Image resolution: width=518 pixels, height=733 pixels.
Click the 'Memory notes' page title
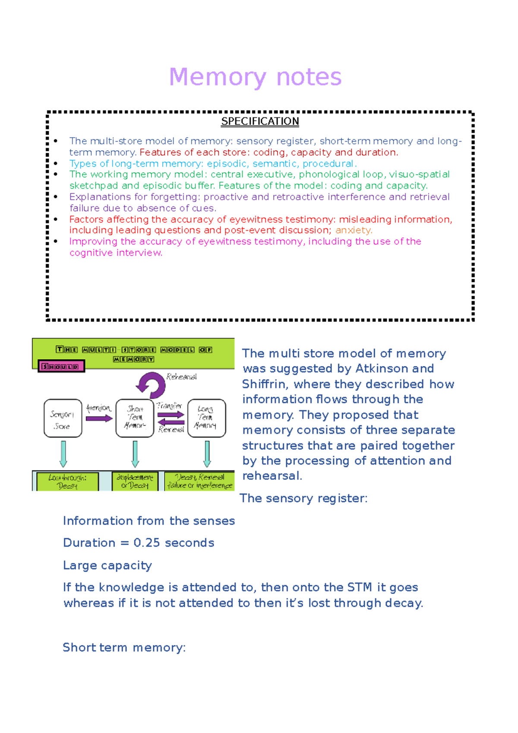[x=255, y=77]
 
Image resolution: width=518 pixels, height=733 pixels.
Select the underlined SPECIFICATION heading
[x=260, y=121]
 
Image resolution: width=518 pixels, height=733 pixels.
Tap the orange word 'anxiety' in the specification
[x=353, y=230]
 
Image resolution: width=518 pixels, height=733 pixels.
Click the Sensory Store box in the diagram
[x=63, y=418]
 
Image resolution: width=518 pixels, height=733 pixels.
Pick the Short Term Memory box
[x=135, y=418]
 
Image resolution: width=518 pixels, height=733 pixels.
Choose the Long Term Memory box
[x=206, y=418]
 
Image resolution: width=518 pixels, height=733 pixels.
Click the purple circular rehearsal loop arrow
[x=151, y=385]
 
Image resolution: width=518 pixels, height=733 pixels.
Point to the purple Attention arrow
[x=99, y=418]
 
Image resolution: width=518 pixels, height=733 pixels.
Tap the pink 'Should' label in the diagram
[x=60, y=366]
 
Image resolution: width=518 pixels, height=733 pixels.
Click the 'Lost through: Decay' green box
[x=67, y=481]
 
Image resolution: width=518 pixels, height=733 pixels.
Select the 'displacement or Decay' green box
[x=135, y=481]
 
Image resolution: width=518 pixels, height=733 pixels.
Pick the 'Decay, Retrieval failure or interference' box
[x=200, y=481]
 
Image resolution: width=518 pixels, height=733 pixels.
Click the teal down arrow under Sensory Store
[x=63, y=454]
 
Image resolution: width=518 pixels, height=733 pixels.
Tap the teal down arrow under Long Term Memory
[x=207, y=454]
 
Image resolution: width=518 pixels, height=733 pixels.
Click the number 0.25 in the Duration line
[x=147, y=543]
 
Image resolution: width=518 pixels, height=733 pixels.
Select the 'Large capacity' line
[x=107, y=565]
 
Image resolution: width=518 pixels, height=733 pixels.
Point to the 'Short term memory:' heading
[x=124, y=648]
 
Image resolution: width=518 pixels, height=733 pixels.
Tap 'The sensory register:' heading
[x=303, y=498]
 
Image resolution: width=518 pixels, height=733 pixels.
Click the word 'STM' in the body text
[x=360, y=588]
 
